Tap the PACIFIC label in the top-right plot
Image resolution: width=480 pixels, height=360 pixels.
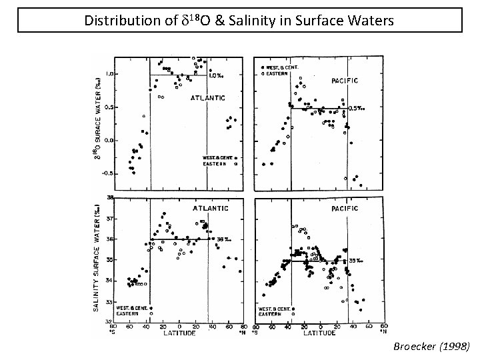point(345,81)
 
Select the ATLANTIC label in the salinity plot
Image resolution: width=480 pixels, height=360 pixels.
point(211,208)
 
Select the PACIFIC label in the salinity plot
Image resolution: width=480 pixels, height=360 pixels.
point(345,208)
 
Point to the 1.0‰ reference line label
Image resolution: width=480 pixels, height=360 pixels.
point(216,76)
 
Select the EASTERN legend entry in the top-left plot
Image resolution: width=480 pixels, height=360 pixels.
point(216,163)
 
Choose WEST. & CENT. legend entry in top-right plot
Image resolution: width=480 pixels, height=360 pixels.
point(279,68)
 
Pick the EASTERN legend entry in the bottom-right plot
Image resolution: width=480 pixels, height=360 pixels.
point(272,314)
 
